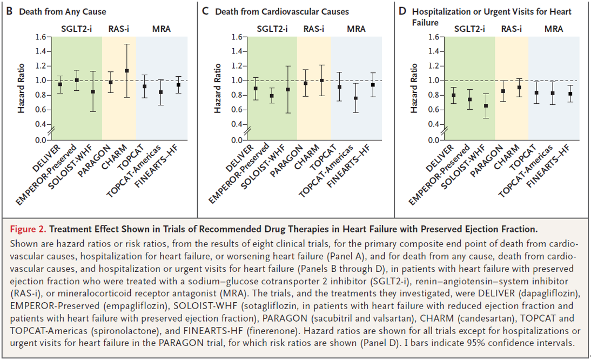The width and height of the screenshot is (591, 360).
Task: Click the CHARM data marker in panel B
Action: click(x=127, y=71)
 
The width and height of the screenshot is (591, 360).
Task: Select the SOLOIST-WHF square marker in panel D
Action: click(x=486, y=106)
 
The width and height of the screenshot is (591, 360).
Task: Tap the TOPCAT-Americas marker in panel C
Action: click(x=356, y=98)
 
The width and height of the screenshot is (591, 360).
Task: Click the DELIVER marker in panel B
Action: click(x=60, y=84)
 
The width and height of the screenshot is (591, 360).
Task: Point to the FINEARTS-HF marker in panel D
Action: click(x=570, y=94)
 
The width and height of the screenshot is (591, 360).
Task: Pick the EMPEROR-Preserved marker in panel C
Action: click(x=272, y=96)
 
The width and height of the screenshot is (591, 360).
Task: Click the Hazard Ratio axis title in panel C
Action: click(x=218, y=89)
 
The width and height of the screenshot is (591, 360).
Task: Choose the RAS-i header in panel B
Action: click(x=118, y=29)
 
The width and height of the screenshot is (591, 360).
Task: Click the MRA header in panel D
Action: click(x=554, y=29)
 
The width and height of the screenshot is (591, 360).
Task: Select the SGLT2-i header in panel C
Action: click(x=272, y=29)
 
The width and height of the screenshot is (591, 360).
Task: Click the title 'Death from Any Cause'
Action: click(x=63, y=12)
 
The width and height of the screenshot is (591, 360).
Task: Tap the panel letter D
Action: click(x=402, y=11)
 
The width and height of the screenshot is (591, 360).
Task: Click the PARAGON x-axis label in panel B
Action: click(x=94, y=161)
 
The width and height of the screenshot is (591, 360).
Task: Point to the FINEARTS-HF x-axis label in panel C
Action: click(x=348, y=166)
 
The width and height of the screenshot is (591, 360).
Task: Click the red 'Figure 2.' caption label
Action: click(x=28, y=229)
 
